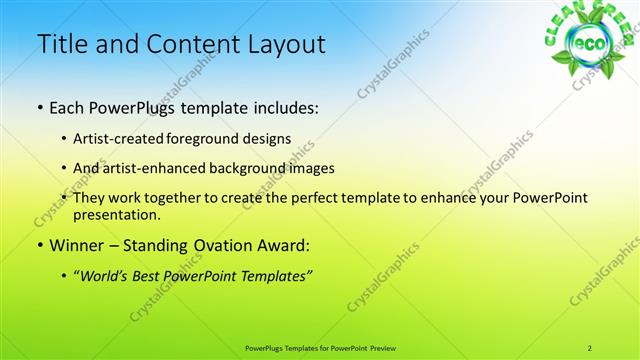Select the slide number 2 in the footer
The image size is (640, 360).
click(x=590, y=348)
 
